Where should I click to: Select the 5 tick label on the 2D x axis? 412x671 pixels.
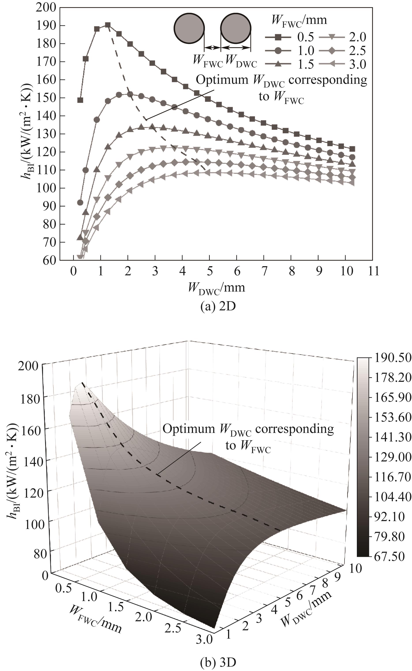coord(210,271)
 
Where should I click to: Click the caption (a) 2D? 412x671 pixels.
coord(218,307)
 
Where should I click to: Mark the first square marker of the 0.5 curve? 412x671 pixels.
coord(80,100)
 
